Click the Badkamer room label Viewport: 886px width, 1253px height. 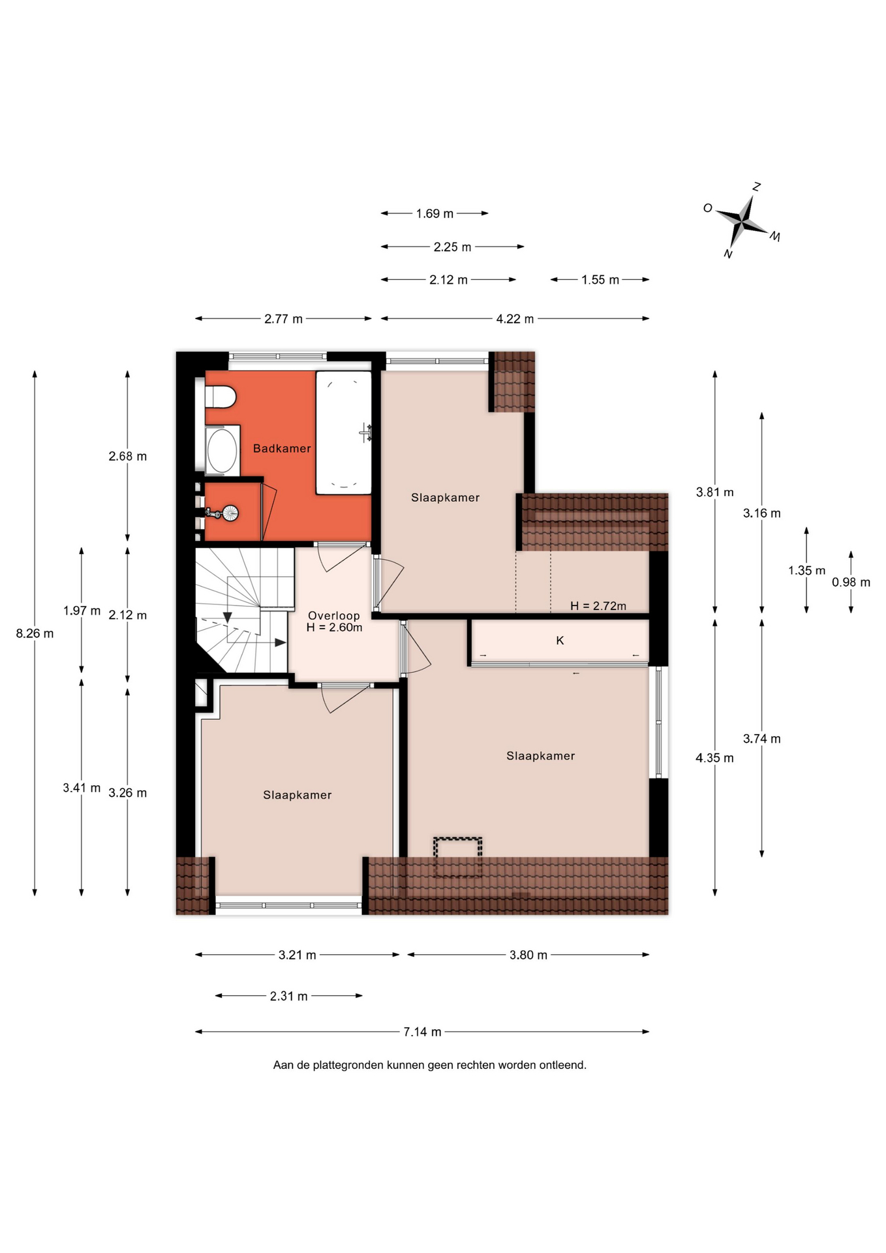tap(282, 448)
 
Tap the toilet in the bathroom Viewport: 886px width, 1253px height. tap(221, 397)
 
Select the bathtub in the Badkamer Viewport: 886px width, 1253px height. tap(344, 433)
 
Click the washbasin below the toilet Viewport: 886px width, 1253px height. tap(222, 450)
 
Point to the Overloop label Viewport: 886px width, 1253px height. tap(334, 615)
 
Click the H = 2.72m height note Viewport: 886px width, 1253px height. tap(598, 606)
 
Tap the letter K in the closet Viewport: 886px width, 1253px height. tap(560, 641)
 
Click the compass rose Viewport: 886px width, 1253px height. tap(744, 221)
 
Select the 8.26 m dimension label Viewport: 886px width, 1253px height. tap(35, 633)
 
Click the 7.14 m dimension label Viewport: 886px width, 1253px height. tap(422, 1032)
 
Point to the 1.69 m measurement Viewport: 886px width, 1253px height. tap(435, 213)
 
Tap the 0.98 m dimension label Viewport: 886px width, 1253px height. tap(851, 582)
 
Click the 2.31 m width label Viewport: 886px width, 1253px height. tap(289, 996)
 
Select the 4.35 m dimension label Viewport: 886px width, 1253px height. tap(714, 758)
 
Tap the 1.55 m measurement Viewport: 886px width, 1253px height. tap(600, 280)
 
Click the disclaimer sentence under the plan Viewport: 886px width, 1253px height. tap(430, 1065)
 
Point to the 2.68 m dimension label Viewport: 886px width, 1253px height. tap(128, 456)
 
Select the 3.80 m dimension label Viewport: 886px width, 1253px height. tap(528, 955)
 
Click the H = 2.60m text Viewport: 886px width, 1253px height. tap(334, 627)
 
